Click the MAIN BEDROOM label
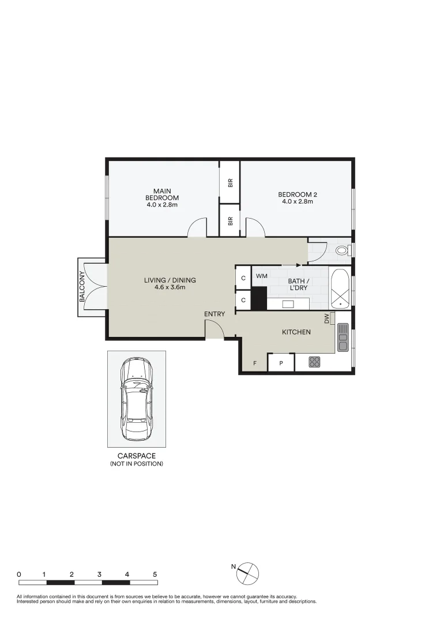(x=162, y=198)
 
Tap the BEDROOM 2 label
(x=297, y=198)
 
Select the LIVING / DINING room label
(x=170, y=284)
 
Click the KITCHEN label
(x=296, y=332)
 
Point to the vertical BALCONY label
(x=82, y=287)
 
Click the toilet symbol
(x=342, y=250)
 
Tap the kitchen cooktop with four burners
(x=315, y=362)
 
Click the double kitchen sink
(x=343, y=337)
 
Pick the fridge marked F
(x=255, y=363)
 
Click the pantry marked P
(x=281, y=363)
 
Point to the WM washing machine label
(x=261, y=276)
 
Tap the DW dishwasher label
(x=327, y=318)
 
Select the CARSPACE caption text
(x=136, y=456)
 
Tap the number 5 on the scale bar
(x=155, y=575)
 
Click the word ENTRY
(x=215, y=314)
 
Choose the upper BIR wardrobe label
(x=230, y=183)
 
